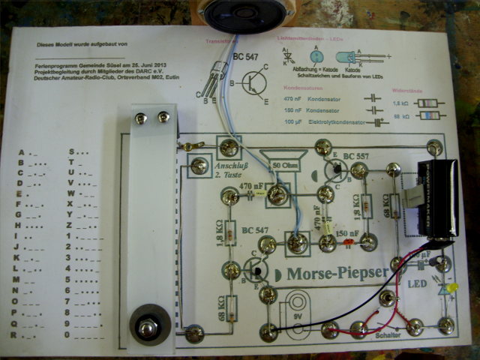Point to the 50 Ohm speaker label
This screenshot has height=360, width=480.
point(286,165)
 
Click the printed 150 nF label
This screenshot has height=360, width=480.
point(347,234)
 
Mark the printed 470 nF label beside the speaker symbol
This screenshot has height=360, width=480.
point(250,185)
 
